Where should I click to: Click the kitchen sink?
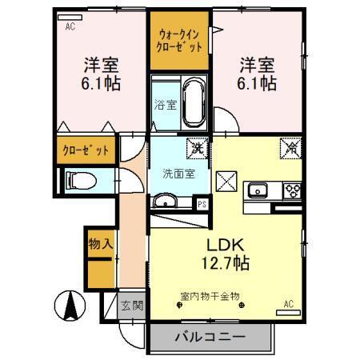pos(258,190)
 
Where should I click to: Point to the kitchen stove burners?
pos(290,190)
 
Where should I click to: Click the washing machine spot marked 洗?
pos(194,146)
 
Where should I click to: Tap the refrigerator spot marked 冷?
pos(289,147)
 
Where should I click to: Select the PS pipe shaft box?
pos(202,203)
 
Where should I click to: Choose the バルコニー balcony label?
pos(210,337)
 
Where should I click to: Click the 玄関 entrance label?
pos(131,304)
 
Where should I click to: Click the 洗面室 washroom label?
pos(178,173)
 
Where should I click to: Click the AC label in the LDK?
pos(290,304)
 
